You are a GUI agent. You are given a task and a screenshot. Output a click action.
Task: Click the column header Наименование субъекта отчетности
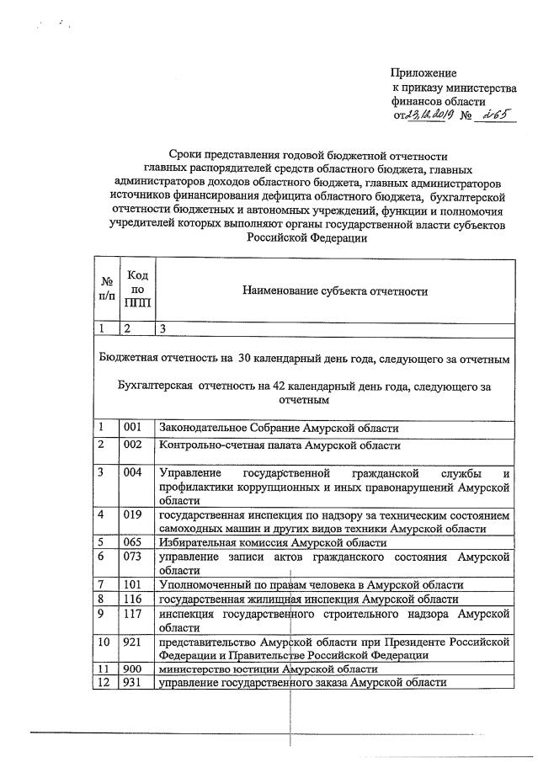pos(335,291)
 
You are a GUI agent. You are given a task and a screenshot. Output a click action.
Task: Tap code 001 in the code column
pos(134,428)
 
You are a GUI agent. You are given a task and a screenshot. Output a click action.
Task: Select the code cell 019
pos(134,514)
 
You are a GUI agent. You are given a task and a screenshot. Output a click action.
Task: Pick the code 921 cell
pos(134,642)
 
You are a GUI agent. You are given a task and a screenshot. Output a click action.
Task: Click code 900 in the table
pos(134,669)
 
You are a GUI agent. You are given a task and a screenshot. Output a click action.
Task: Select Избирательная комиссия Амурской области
pos(261,542)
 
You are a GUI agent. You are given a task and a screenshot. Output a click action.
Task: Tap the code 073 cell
pos(134,557)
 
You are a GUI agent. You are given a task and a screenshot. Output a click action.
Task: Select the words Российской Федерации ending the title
pos(307,238)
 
